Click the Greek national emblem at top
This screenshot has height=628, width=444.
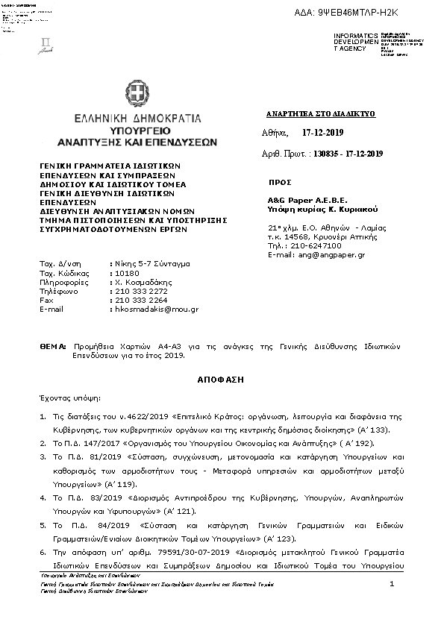(136, 95)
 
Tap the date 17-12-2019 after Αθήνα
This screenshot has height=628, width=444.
(325, 131)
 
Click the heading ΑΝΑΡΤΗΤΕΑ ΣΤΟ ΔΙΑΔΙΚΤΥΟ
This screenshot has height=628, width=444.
(320, 114)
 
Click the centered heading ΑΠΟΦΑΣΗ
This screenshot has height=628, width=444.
(221, 380)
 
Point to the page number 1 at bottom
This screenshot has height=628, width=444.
(391, 586)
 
